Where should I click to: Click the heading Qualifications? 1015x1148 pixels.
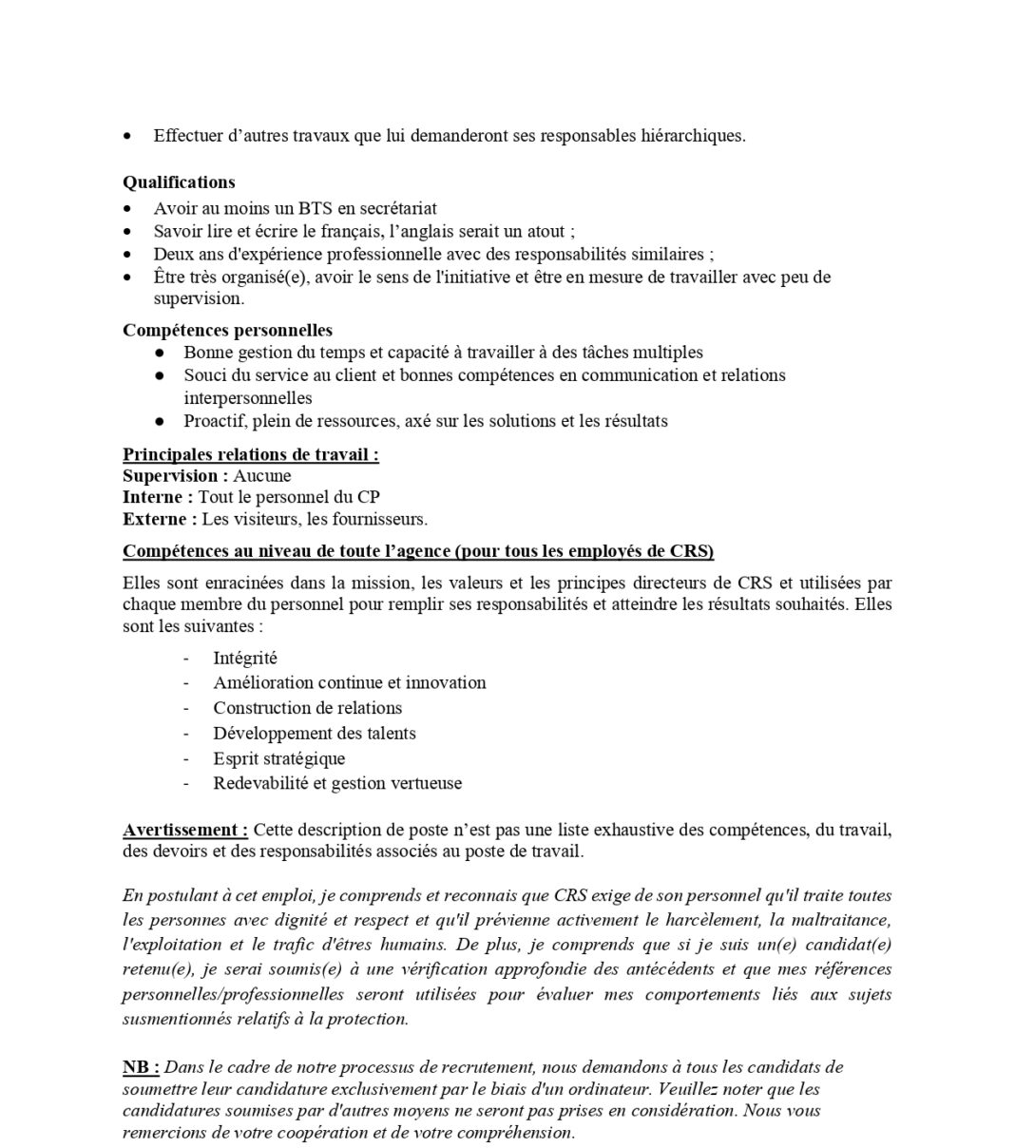tap(179, 182)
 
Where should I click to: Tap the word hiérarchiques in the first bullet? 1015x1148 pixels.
tap(694, 136)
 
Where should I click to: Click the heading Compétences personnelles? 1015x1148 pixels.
tap(227, 331)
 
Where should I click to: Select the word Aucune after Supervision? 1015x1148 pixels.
tap(262, 476)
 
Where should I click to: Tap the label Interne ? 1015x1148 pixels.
tap(158, 497)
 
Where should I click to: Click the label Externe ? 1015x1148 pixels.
tap(160, 519)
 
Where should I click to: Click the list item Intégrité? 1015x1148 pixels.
tap(245, 658)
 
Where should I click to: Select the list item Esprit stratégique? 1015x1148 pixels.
tap(279, 758)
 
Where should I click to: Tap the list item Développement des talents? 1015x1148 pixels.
tap(315, 734)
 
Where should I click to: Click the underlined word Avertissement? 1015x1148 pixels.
tap(184, 831)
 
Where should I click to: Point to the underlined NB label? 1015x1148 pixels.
tap(140, 1067)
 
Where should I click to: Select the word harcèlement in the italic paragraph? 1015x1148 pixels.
tap(720, 921)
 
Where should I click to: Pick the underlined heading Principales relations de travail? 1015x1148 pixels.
tap(250, 454)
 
